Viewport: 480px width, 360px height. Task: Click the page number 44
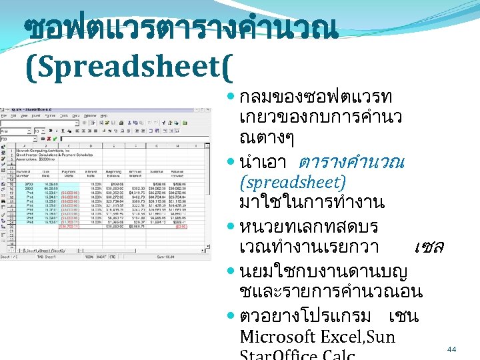coord(451,349)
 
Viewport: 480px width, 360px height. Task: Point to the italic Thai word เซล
coord(428,247)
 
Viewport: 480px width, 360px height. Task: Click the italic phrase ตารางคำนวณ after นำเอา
coord(352,163)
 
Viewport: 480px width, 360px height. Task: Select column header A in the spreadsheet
coord(21,147)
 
